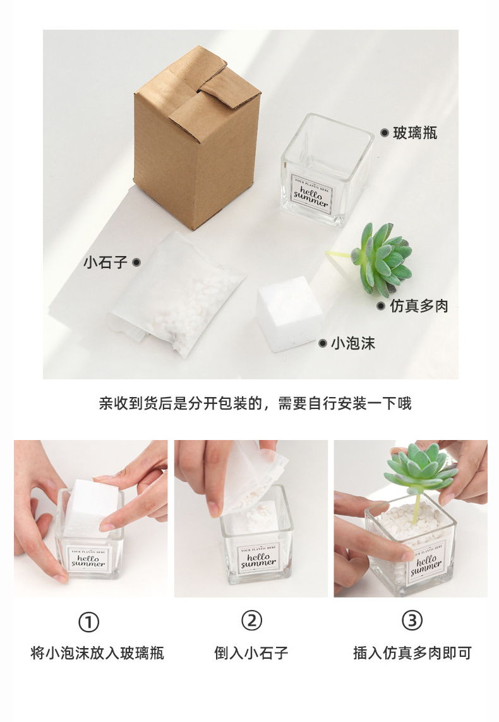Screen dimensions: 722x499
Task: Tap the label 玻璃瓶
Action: click(415, 133)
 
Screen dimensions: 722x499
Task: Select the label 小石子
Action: click(105, 262)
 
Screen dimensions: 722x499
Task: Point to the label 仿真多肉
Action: click(419, 306)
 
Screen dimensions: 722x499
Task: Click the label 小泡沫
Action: click(353, 343)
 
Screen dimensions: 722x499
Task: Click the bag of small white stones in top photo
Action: click(177, 294)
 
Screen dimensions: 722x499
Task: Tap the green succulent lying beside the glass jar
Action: click(383, 259)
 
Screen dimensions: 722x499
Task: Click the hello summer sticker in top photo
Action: click(311, 192)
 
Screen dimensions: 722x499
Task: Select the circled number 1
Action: click(88, 623)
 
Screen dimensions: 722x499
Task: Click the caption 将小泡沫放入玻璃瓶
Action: click(97, 653)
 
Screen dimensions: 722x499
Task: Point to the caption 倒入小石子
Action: click(251, 653)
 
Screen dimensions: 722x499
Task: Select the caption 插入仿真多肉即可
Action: click(412, 653)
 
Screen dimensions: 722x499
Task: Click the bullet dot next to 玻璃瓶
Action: click(384, 133)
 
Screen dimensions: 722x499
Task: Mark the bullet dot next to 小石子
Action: click(136, 262)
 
